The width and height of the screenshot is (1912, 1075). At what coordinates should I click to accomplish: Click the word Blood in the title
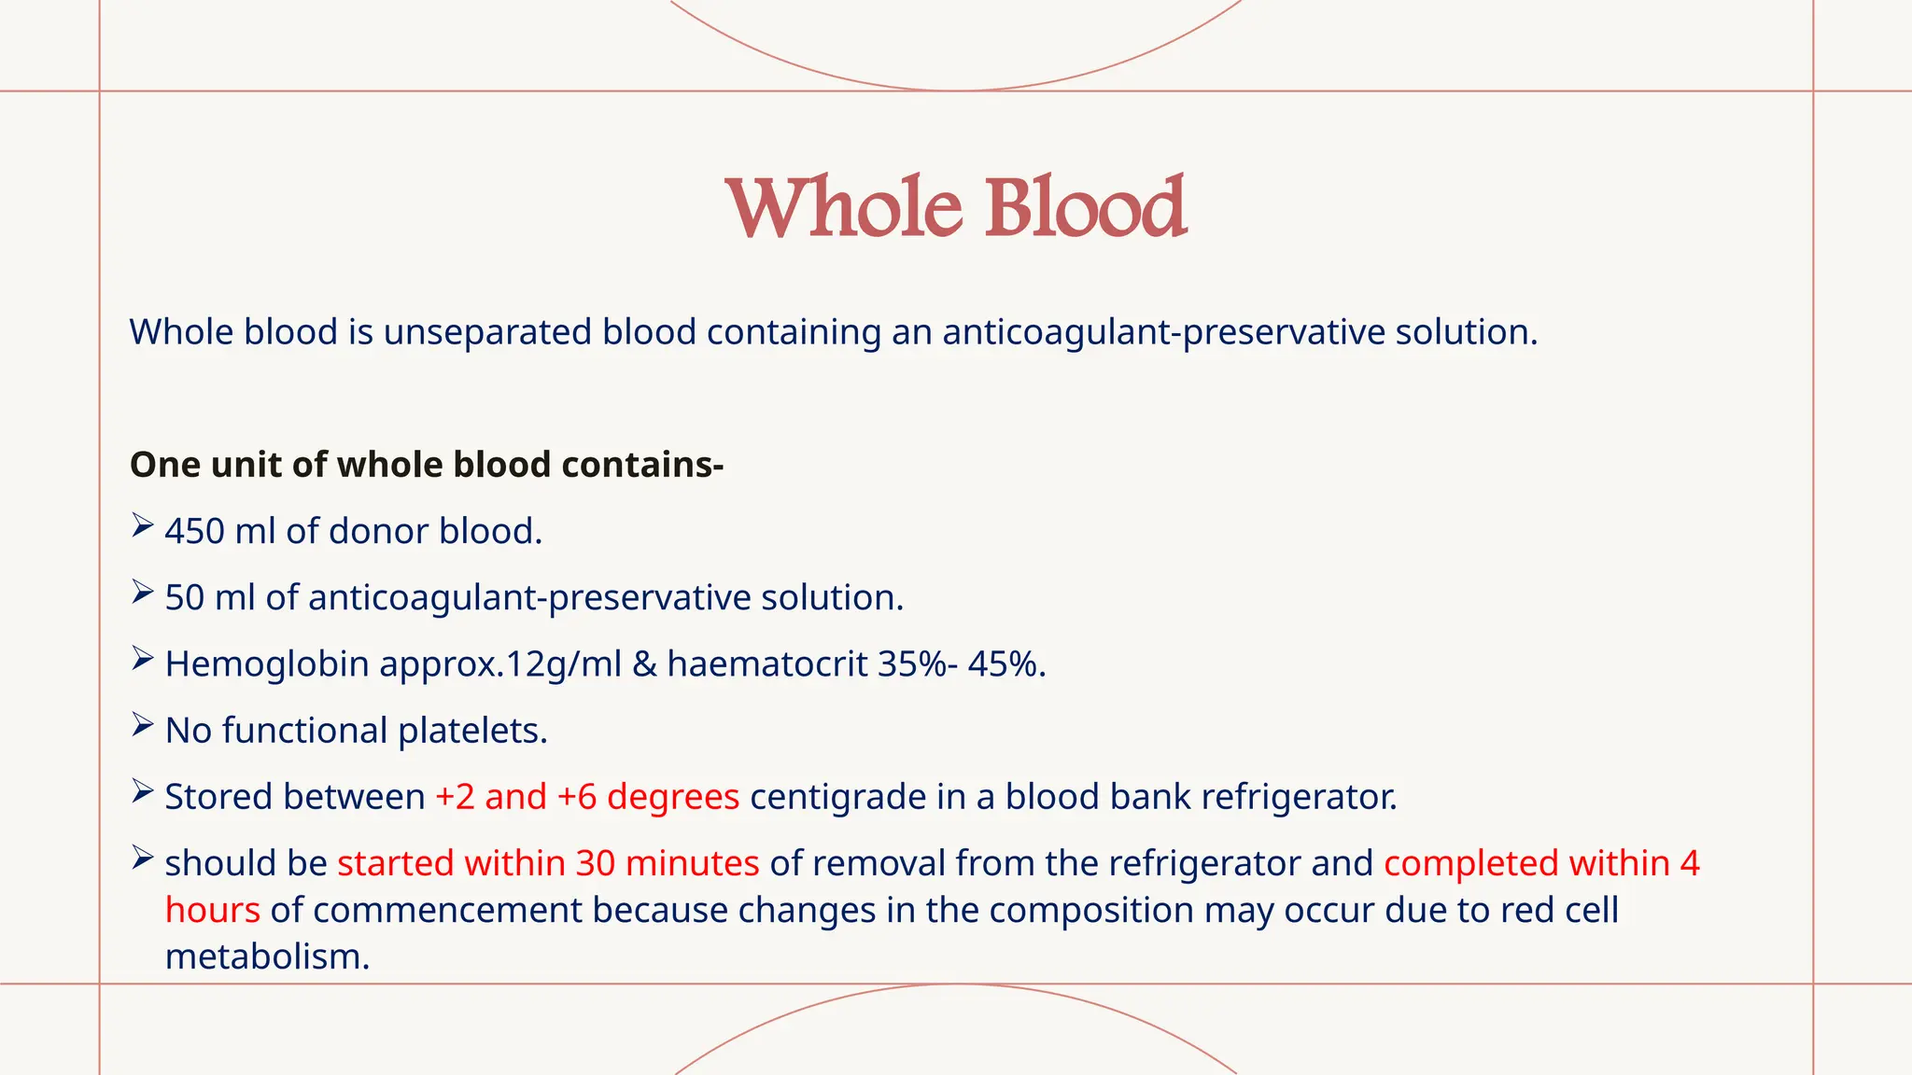(x=1085, y=206)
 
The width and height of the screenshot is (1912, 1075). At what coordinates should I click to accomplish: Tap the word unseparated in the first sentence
(x=487, y=332)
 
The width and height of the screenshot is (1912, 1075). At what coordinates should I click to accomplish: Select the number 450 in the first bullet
(x=194, y=531)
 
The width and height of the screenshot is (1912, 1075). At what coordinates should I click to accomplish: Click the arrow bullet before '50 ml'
(x=142, y=592)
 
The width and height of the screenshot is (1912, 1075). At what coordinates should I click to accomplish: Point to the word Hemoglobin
(x=267, y=664)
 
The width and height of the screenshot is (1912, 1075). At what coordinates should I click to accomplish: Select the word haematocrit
(x=767, y=664)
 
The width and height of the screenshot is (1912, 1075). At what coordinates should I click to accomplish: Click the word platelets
(x=472, y=731)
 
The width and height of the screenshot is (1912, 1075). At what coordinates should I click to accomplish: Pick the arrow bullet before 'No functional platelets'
(x=142, y=725)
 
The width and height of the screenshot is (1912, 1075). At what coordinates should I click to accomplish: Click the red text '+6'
(x=576, y=797)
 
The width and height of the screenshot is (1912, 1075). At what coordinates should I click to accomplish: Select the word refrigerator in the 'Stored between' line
(x=1299, y=797)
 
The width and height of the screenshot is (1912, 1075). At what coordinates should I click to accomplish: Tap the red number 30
(x=595, y=863)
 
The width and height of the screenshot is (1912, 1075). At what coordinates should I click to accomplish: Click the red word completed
(x=1470, y=863)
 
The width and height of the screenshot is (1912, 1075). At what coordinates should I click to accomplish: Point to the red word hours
(x=212, y=910)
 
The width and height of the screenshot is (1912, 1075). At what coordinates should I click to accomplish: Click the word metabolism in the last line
(x=267, y=956)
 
